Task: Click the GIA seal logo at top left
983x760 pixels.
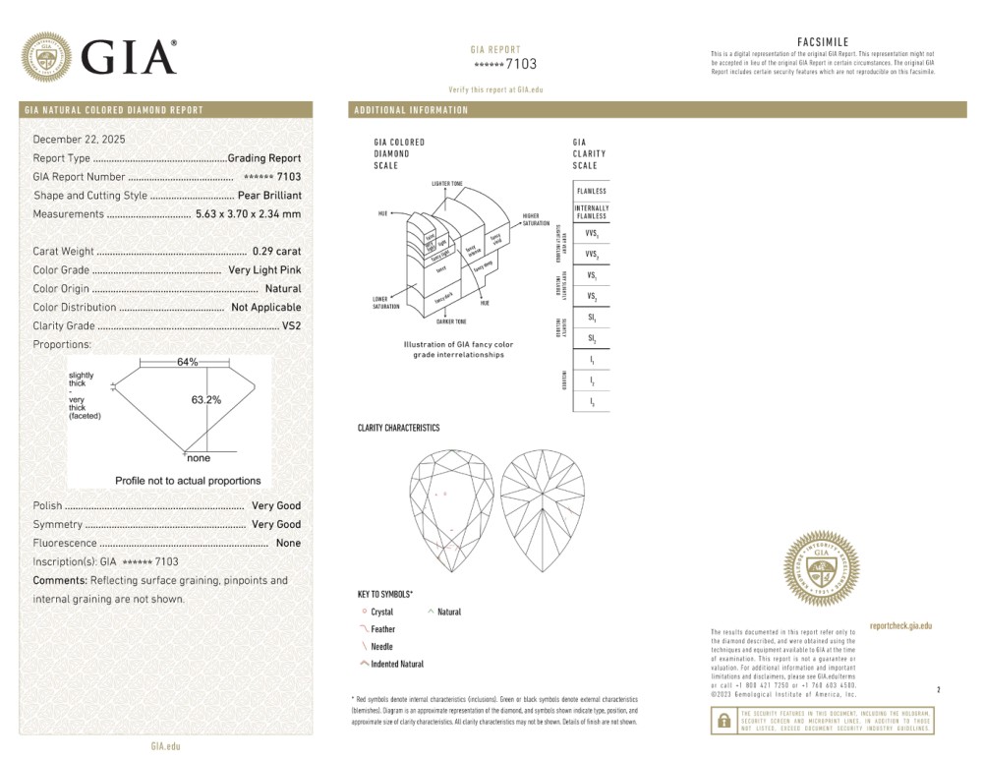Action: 46,57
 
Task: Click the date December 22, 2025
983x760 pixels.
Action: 80,140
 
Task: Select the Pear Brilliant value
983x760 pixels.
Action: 269,196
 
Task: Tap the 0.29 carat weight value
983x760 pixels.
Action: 276,252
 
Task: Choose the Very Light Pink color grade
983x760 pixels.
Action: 264,270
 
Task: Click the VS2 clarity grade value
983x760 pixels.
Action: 291,325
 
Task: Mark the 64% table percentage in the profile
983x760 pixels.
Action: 187,362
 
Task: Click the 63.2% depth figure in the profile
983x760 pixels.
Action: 205,400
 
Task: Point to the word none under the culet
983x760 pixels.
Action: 199,458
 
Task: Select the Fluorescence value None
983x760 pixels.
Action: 288,544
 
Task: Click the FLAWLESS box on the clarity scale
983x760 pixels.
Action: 591,191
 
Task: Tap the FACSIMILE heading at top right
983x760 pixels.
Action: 822,42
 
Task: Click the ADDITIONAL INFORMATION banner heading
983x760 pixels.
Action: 412,110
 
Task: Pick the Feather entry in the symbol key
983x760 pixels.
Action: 382,629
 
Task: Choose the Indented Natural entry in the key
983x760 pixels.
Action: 397,665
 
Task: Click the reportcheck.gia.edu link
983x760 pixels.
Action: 900,625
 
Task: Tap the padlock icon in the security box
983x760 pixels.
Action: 723,721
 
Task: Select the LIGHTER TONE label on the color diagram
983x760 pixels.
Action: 446,184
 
